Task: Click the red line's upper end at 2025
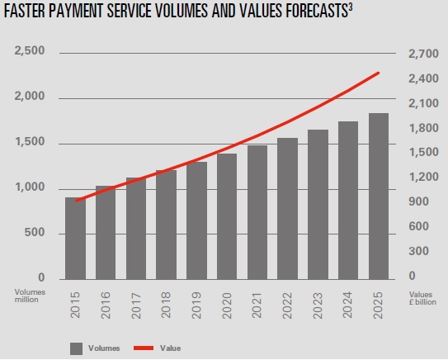click(x=379, y=73)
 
